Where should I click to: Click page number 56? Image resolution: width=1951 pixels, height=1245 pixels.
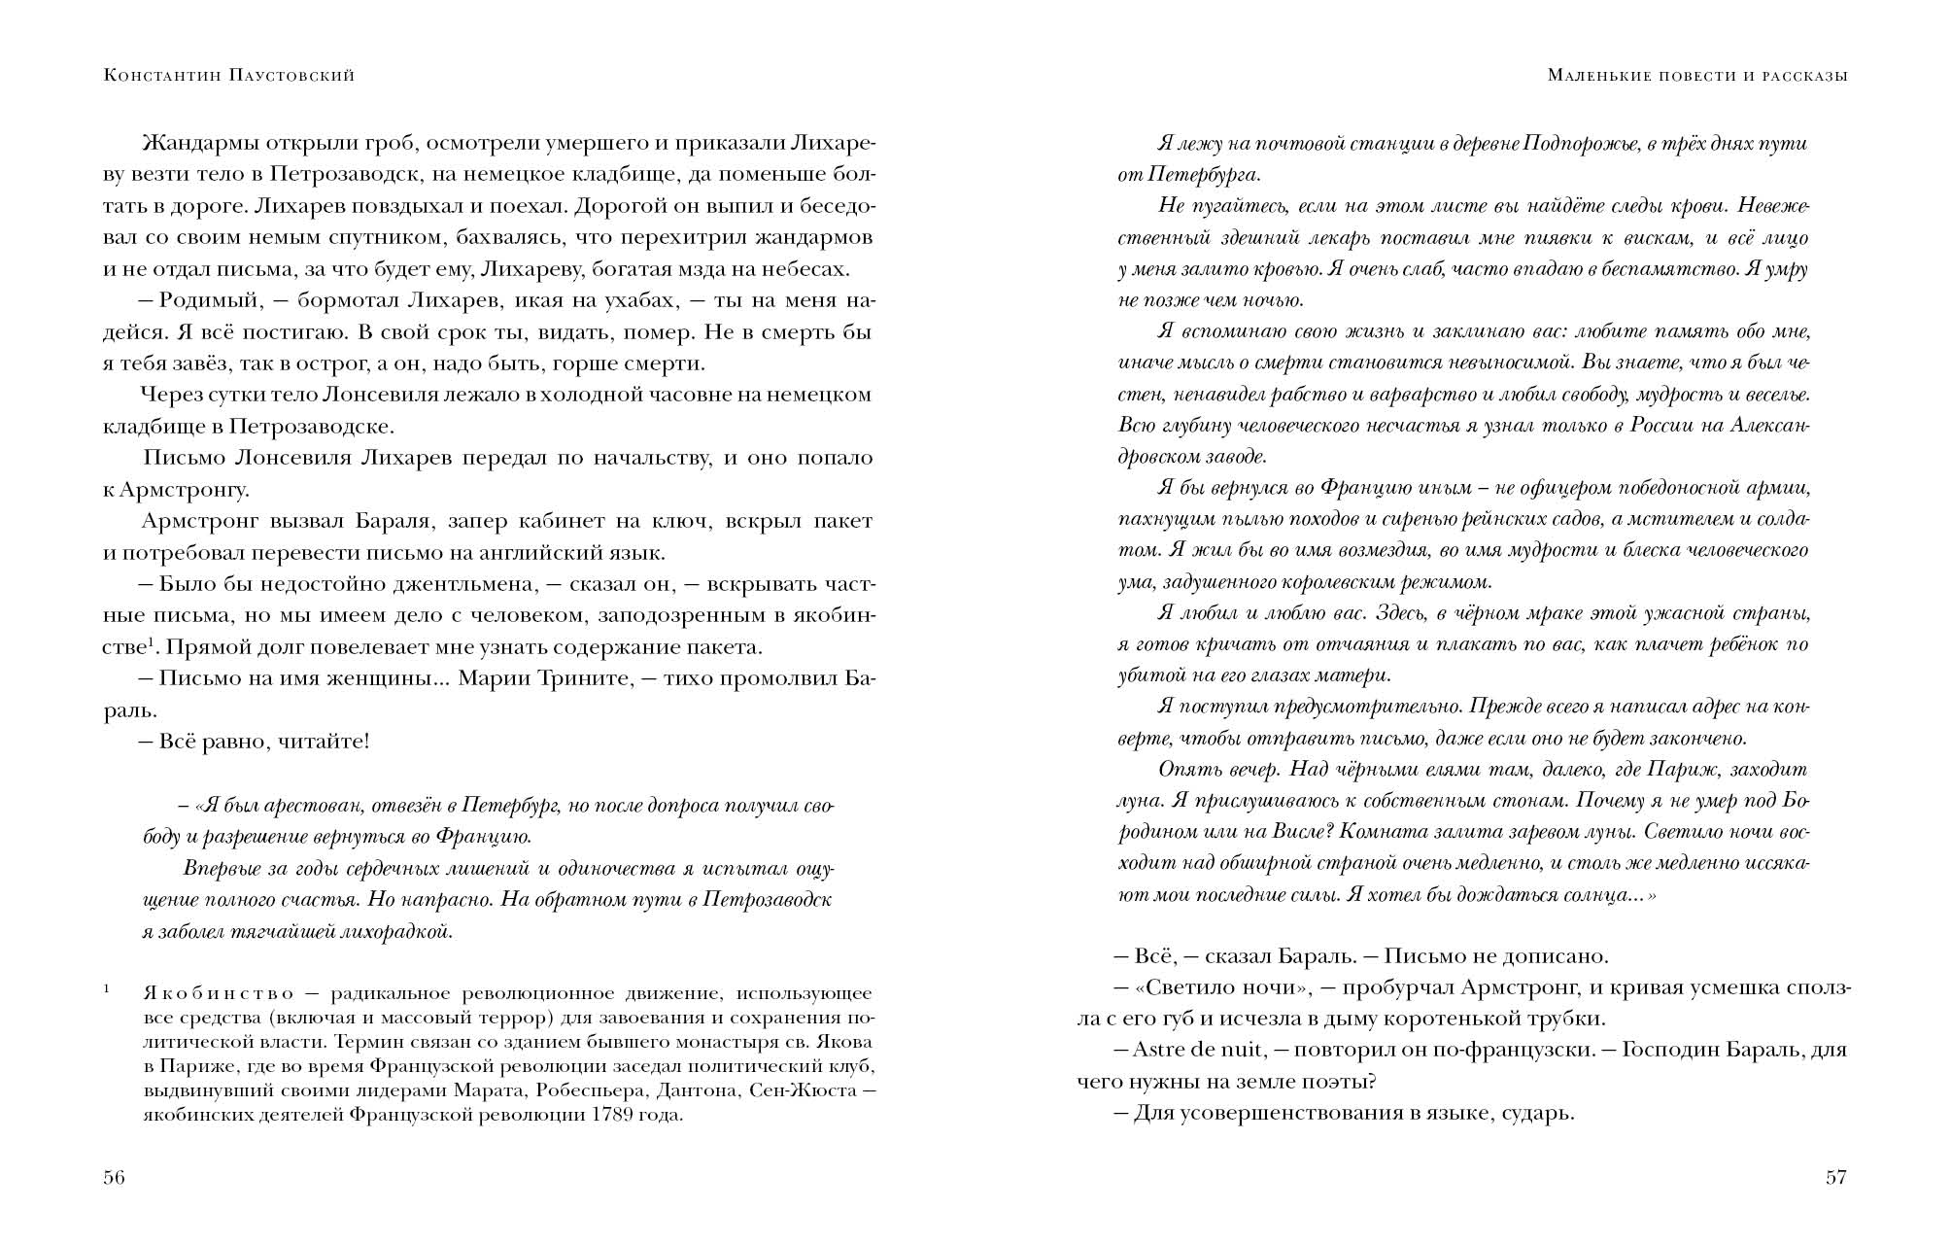point(115,1178)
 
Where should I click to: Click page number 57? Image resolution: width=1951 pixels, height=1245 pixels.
point(1835,1178)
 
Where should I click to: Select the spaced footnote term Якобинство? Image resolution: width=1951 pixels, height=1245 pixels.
point(219,993)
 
